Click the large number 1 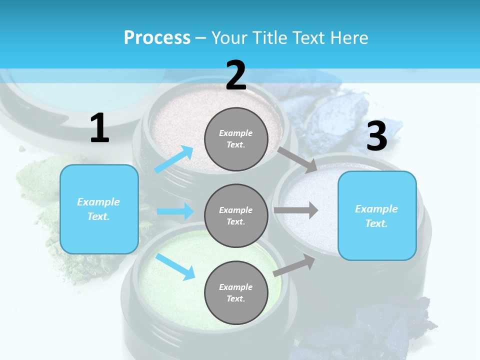point(99,128)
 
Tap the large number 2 point(236,75)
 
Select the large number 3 point(376,136)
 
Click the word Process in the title point(157,37)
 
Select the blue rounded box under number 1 point(99,209)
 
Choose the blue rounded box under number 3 point(377,216)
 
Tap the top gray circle point(236,139)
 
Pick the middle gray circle point(236,216)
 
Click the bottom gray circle point(236,292)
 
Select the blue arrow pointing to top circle point(174,159)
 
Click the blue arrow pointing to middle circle point(175,211)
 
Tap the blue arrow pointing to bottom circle point(175,266)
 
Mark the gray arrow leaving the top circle point(297,159)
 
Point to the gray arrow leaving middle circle point(296,210)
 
